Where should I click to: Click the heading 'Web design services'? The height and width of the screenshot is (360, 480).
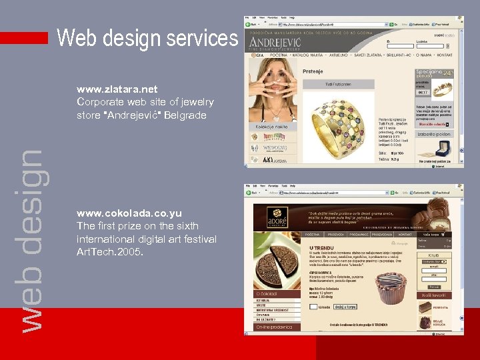147,38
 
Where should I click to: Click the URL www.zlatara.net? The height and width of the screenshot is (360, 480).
117,89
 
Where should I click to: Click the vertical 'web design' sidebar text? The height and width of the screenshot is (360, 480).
30,240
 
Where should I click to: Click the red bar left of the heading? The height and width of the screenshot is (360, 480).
24,38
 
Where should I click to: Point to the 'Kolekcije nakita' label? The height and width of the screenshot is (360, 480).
271,127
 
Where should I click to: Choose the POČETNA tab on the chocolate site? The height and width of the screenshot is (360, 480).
313,235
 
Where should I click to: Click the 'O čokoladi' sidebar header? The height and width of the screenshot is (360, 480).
267,293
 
